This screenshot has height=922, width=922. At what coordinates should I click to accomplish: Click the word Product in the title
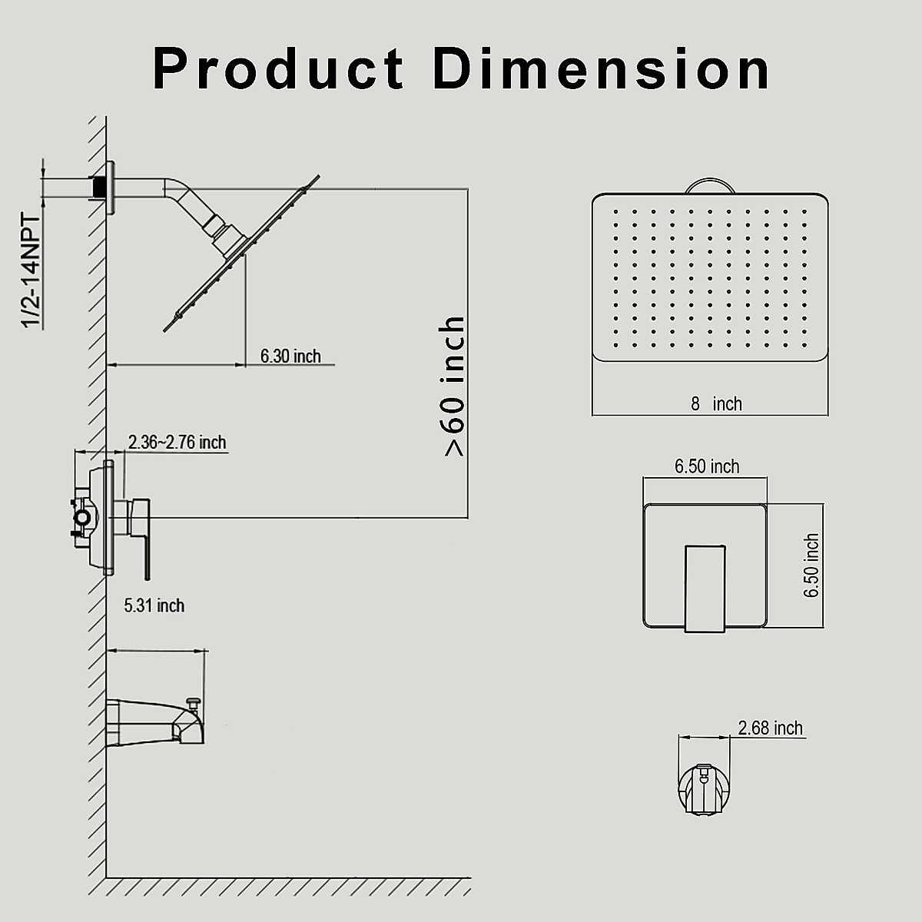coord(279,69)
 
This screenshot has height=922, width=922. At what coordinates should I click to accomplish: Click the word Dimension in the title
coord(602,69)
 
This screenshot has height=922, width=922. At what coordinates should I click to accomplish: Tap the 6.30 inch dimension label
coord(290,356)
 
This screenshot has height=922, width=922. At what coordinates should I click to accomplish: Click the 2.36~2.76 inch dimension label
coord(177,443)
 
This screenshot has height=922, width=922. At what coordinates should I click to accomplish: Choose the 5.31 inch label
coord(154,605)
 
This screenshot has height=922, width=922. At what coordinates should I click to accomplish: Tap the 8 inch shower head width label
coord(716,404)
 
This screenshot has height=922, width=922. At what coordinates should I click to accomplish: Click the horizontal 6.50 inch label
coord(707,466)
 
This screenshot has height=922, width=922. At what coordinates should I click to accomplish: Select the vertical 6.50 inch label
coord(811,565)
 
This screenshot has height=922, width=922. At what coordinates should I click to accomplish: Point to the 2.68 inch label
coord(770,728)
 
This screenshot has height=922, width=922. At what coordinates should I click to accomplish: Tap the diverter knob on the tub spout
coord(196,701)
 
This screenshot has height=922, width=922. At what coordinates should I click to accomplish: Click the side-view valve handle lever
coord(142,538)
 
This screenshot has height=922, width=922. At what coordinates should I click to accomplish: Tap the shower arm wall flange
coord(112,188)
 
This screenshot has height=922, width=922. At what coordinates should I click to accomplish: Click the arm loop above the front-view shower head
coord(711,186)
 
